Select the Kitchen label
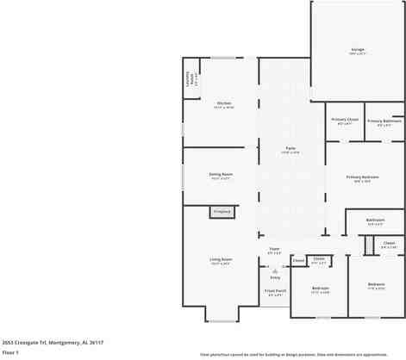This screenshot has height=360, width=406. (223, 104)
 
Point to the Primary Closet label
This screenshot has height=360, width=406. (345, 121)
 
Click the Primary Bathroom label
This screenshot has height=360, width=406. (384, 121)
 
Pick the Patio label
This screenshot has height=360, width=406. (291, 150)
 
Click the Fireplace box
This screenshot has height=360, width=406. (222, 211)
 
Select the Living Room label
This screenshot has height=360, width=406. (222, 259)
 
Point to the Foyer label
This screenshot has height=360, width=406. (274, 251)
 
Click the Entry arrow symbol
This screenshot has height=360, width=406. (275, 268)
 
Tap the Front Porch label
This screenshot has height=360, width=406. (275, 292)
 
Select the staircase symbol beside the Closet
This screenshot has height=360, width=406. (368, 246)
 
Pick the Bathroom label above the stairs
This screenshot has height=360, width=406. (374, 220)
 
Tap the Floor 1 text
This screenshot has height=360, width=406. (11, 352)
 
